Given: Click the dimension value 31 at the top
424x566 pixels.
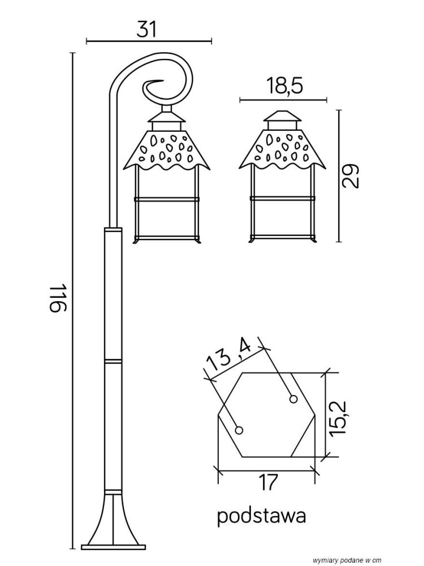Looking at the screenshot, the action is tap(147, 29).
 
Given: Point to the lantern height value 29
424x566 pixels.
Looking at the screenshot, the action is tap(351, 176).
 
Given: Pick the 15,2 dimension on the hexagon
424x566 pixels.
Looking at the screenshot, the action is tap(338, 418).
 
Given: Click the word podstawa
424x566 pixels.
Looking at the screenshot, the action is tap(262, 516).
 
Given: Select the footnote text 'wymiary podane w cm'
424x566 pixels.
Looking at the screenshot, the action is tap(347, 560).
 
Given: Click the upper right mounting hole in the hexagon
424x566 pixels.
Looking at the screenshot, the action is tap(293, 399).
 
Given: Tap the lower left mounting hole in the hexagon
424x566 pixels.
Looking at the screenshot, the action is tap(239, 430).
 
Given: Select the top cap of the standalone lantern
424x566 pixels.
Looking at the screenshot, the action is tap(282, 116).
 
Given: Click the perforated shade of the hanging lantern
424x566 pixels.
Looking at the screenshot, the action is tap(166, 151).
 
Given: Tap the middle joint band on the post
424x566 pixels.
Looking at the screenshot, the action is tap(113, 361).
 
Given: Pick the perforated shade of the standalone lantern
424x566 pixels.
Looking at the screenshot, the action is tap(282, 151).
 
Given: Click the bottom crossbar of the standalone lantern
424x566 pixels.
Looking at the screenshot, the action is tap(282, 238).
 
